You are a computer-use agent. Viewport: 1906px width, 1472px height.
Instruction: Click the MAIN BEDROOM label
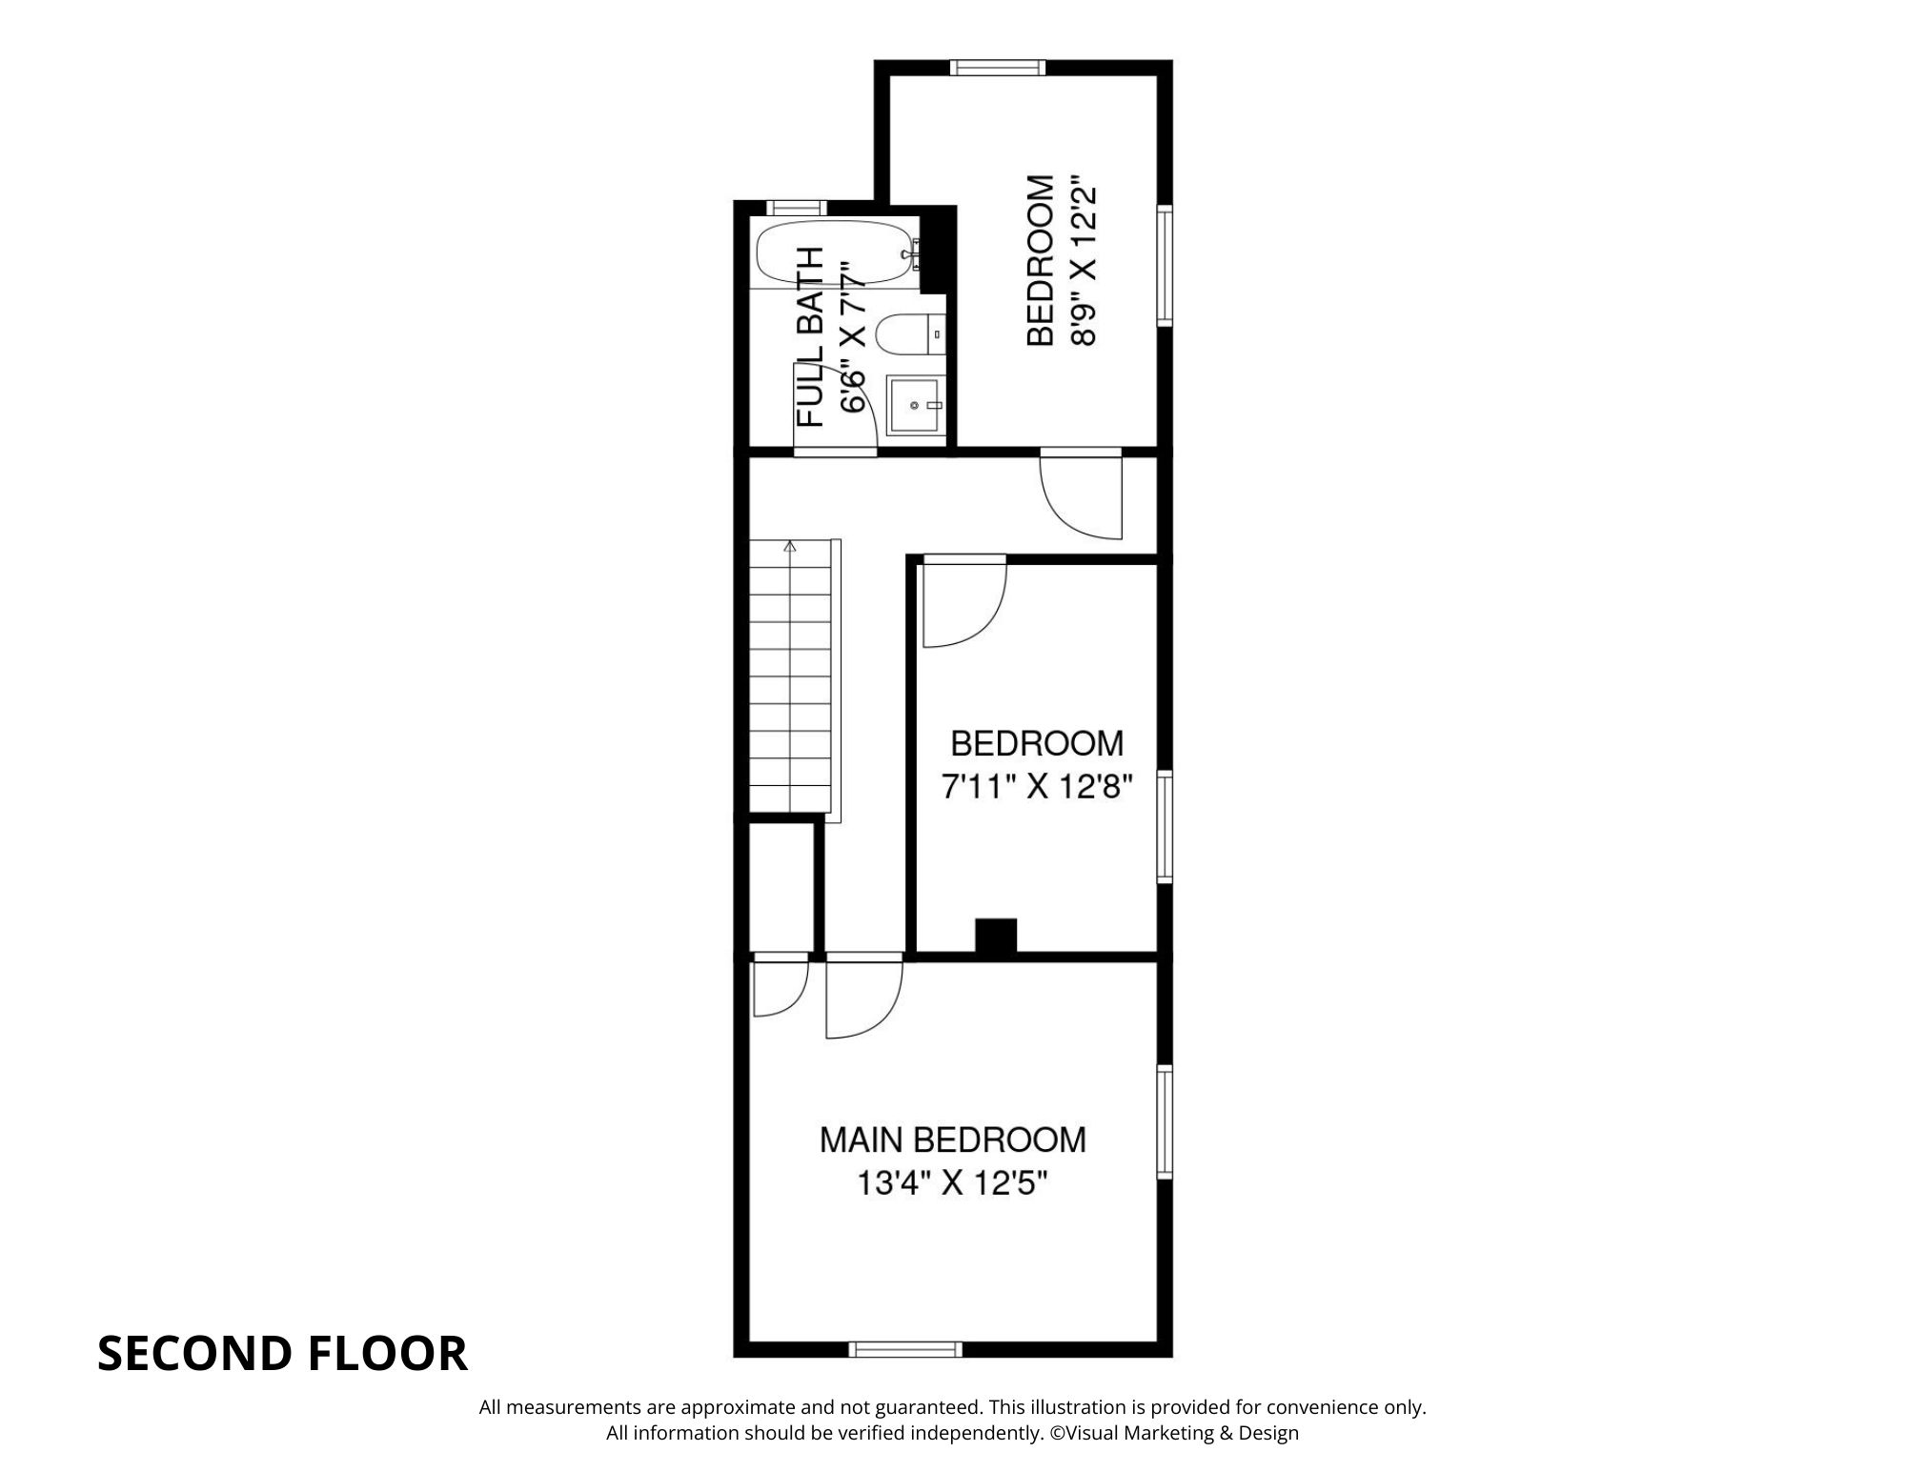[952, 1139]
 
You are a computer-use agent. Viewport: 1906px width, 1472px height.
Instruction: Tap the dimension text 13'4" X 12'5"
[952, 1183]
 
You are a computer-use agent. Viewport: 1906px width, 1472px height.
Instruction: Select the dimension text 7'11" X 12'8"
[1036, 787]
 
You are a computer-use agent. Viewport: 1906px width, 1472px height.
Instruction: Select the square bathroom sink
[916, 406]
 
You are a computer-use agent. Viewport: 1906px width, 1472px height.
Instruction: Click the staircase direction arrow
[789, 547]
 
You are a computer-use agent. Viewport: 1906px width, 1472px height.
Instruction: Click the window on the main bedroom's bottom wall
[905, 1349]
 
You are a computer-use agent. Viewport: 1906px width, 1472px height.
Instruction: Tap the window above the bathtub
[797, 208]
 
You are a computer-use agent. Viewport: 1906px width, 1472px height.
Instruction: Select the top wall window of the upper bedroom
[998, 67]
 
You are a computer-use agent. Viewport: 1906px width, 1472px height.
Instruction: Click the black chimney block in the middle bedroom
[996, 935]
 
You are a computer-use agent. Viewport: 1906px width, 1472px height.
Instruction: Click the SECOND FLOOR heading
[282, 1353]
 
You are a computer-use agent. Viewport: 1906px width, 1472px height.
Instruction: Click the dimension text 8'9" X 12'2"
[1084, 260]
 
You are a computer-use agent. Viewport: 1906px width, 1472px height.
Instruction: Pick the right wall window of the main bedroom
[1164, 1121]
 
